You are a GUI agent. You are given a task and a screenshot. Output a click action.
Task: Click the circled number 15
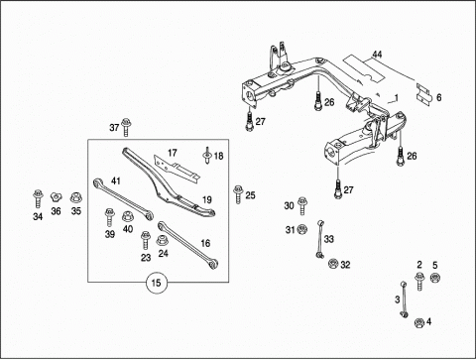pyautogui.click(x=156, y=283)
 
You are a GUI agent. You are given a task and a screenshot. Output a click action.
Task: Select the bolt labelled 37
pyautogui.click(x=126, y=127)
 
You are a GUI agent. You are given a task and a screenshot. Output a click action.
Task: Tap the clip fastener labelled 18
pyautogui.click(x=207, y=155)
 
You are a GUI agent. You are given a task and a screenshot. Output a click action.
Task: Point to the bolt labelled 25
pyautogui.click(x=238, y=194)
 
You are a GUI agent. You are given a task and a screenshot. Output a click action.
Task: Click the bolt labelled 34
pyautogui.click(x=38, y=199)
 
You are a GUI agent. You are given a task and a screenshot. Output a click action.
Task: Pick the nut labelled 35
pyautogui.click(x=76, y=198)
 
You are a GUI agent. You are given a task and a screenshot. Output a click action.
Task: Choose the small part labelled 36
pyautogui.click(x=57, y=197)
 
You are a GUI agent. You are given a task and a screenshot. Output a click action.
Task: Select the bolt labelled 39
pyautogui.click(x=109, y=217)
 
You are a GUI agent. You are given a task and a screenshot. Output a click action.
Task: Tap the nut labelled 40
pyautogui.click(x=128, y=217)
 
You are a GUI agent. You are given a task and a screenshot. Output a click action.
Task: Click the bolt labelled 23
pyautogui.click(x=145, y=240)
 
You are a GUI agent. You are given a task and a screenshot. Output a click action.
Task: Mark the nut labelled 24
pyautogui.click(x=162, y=240)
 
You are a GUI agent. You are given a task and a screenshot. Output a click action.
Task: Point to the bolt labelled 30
pyautogui.click(x=302, y=205)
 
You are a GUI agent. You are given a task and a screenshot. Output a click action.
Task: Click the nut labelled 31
pyautogui.click(x=301, y=229)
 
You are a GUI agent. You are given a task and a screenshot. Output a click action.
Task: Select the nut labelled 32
pyautogui.click(x=333, y=264)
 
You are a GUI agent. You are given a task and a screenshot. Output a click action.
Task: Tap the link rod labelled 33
pyautogui.click(x=320, y=239)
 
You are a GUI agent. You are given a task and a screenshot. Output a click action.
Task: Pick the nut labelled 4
pyautogui.click(x=419, y=322)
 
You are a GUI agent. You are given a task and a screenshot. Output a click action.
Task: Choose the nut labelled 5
pyautogui.click(x=434, y=278)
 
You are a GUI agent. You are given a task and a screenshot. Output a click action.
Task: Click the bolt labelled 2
pyautogui.click(x=419, y=282)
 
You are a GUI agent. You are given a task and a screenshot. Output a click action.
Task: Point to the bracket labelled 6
pyautogui.click(x=424, y=94)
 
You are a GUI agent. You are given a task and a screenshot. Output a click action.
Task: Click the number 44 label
pyautogui.click(x=377, y=55)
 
